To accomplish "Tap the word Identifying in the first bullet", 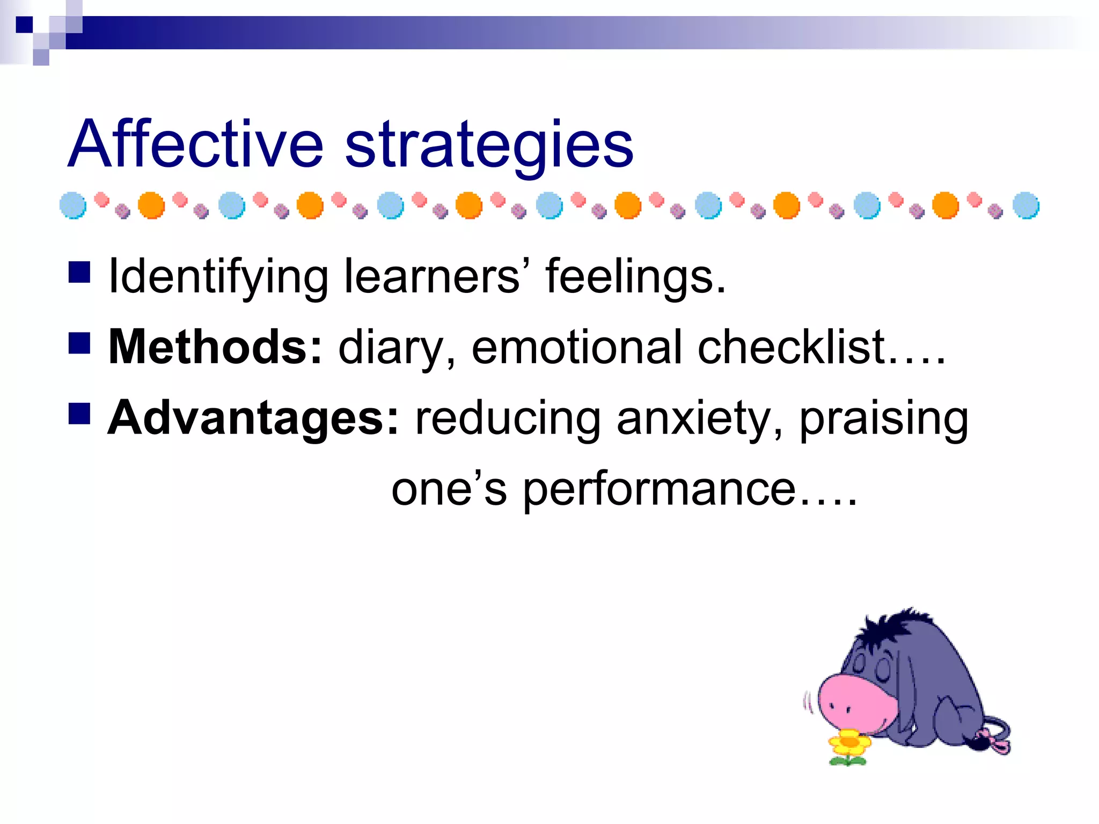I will (x=217, y=277).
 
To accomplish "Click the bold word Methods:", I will (x=215, y=347).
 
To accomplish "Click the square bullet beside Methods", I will (x=79, y=343).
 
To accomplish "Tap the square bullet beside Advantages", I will (x=79, y=414).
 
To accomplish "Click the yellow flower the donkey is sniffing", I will (x=849, y=743).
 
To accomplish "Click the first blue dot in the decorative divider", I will (x=73, y=205).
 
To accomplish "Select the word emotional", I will (x=577, y=347).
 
